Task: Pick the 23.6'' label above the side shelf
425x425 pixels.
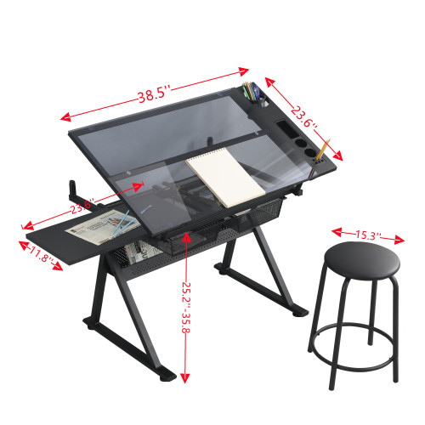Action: point(82,206)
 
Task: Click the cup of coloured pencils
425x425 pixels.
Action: point(253,93)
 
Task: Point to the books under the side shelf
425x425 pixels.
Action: point(136,251)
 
